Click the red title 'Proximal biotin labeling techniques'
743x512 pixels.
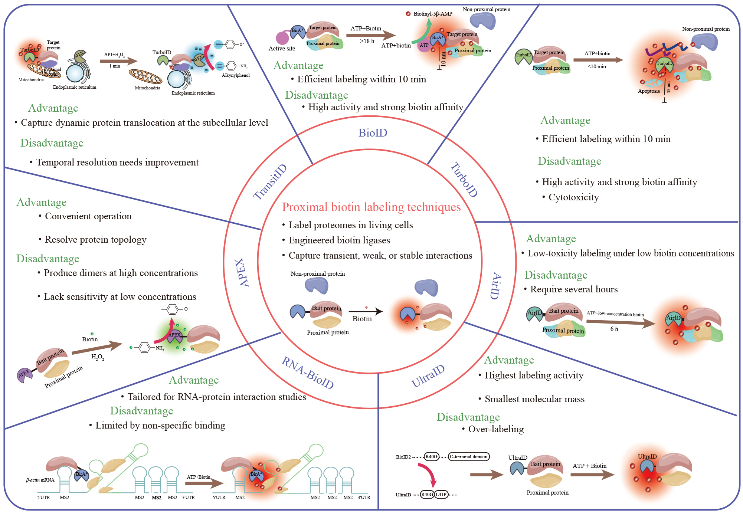(x=371, y=207)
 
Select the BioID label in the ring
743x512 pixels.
(x=373, y=133)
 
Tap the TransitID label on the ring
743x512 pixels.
(x=270, y=182)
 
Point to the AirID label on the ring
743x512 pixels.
(x=496, y=286)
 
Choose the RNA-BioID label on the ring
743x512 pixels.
(x=308, y=372)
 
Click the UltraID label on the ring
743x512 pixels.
(x=428, y=376)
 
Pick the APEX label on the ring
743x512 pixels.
(x=242, y=272)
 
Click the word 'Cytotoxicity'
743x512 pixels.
(x=573, y=197)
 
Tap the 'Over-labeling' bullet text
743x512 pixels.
(x=496, y=429)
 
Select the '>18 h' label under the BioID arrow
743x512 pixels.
(x=367, y=41)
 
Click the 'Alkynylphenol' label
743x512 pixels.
(x=236, y=75)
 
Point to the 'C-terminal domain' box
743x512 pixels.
(x=469, y=457)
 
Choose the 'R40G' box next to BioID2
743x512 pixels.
(x=431, y=457)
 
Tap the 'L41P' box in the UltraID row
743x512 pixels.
(x=441, y=495)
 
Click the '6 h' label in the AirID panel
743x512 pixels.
(x=614, y=329)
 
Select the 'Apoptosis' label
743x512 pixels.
(x=649, y=91)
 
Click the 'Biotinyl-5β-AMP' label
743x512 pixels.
(x=433, y=14)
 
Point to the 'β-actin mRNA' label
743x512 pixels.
(x=40, y=480)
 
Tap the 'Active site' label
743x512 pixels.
(x=282, y=49)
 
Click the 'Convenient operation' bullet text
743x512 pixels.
(x=88, y=216)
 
